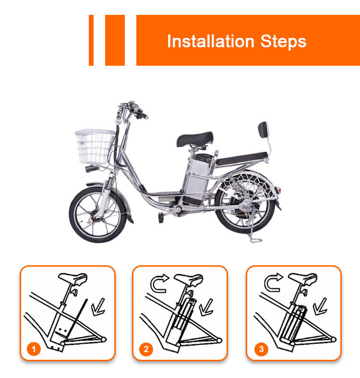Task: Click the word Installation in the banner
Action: (x=211, y=41)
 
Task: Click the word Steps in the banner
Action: (x=283, y=42)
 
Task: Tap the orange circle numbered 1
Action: (x=34, y=349)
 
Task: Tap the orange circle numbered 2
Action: (x=146, y=349)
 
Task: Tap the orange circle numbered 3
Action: (x=261, y=349)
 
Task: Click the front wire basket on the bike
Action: (x=95, y=146)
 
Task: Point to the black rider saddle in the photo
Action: (x=195, y=139)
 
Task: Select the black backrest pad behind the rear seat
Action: (x=263, y=130)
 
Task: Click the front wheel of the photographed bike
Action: (x=98, y=214)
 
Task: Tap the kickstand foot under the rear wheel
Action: (x=256, y=240)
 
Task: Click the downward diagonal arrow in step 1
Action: (x=98, y=307)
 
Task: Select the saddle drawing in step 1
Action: (x=73, y=279)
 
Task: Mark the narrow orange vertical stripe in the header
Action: (x=91, y=40)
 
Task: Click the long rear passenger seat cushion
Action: (x=242, y=159)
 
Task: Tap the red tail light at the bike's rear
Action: (x=279, y=190)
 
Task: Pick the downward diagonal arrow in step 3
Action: (x=320, y=307)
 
